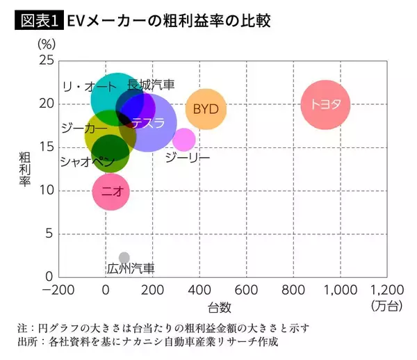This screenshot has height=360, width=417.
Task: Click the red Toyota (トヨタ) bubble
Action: pyautogui.click(x=325, y=105)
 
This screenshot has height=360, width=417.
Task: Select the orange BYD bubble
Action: pyautogui.click(x=206, y=109)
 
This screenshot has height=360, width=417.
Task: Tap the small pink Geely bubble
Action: pyautogui.click(x=183, y=139)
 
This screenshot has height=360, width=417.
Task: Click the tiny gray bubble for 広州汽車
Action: pyautogui.click(x=124, y=258)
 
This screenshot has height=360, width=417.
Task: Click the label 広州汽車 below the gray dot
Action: pyautogui.click(x=131, y=268)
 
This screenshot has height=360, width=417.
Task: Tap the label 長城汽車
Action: pyautogui.click(x=151, y=85)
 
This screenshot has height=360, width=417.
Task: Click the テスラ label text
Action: pyautogui.click(x=148, y=123)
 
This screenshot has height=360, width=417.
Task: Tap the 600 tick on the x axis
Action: pyautogui.click(x=246, y=289)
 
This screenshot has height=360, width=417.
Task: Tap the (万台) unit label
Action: pyautogui.click(x=386, y=305)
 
